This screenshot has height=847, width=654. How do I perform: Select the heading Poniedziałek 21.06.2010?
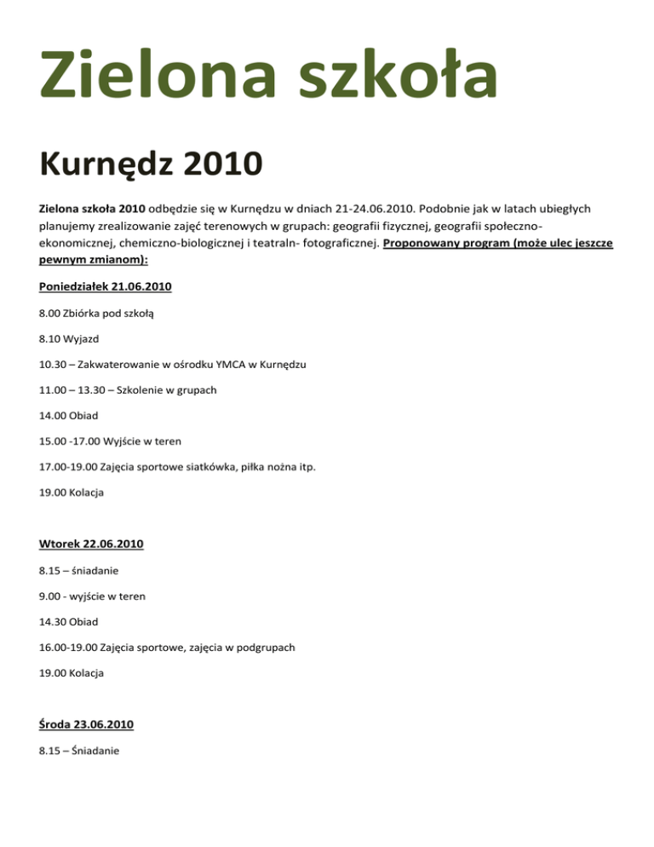[106, 287]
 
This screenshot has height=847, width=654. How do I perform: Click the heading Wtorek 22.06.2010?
[89, 544]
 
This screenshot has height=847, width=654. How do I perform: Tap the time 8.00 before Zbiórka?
[49, 313]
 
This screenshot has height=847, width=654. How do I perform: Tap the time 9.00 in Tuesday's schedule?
[49, 596]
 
